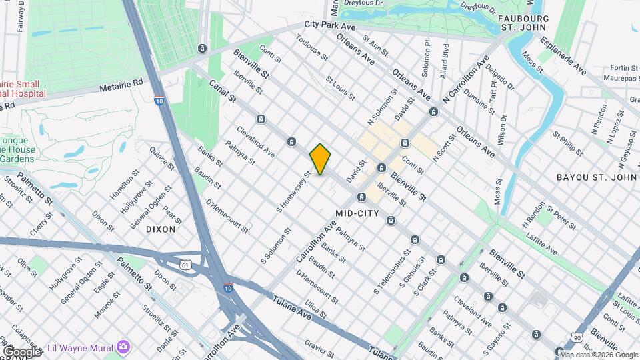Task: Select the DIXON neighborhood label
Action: point(161,229)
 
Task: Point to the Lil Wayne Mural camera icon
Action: point(123,347)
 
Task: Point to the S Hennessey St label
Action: point(295,193)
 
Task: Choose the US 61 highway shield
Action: point(185,265)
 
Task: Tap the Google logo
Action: point(22,351)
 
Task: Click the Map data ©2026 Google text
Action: point(598,354)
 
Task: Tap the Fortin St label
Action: point(624,67)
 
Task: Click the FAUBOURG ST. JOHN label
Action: point(523,21)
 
